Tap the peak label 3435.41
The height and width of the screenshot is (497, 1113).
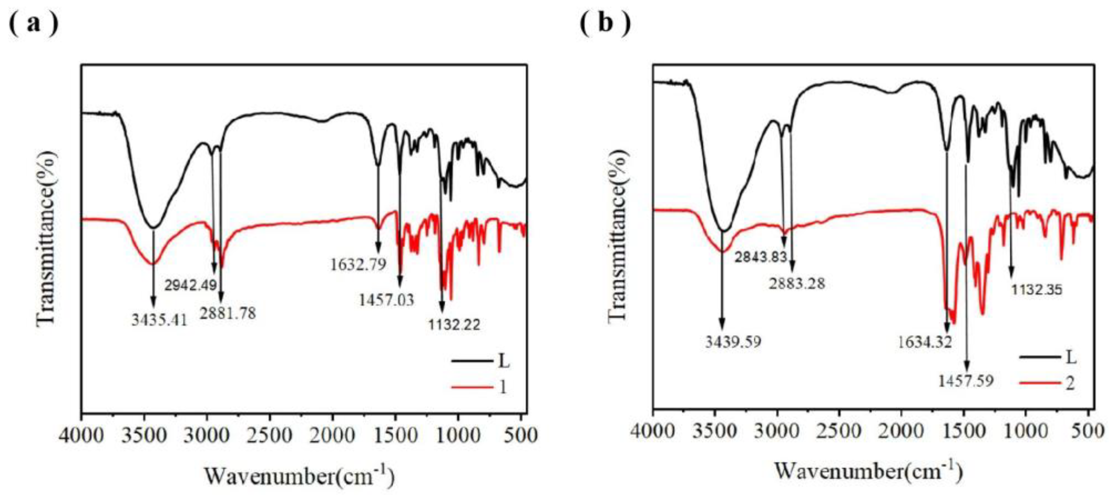pyautogui.click(x=160, y=320)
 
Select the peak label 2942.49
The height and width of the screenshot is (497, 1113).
pyautogui.click(x=191, y=285)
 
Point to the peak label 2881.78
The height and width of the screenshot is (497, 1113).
pyautogui.click(x=228, y=313)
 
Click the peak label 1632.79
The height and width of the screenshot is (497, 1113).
pyautogui.click(x=358, y=264)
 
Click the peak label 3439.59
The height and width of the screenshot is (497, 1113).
pyautogui.click(x=733, y=342)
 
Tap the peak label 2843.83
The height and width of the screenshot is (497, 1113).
pyautogui.click(x=761, y=257)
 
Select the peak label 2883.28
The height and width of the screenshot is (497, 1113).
pyautogui.click(x=797, y=283)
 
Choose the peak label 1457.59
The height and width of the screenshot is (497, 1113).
pyautogui.click(x=966, y=381)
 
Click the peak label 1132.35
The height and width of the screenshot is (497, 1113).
pyautogui.click(x=1036, y=289)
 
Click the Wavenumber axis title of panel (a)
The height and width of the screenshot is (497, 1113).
pyautogui.click(x=299, y=477)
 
